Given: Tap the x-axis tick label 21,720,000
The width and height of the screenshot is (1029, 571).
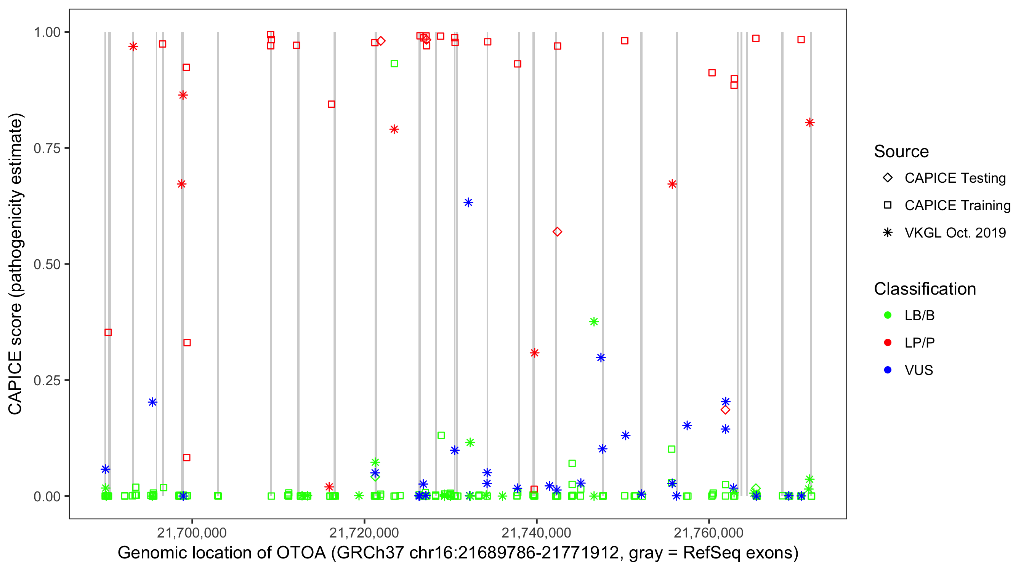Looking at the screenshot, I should (x=364, y=533).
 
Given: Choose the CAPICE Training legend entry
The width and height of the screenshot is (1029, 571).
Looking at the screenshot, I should (x=957, y=206).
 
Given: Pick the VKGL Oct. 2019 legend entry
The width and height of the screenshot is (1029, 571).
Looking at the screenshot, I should (x=955, y=233).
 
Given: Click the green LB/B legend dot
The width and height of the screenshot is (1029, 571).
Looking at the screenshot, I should (x=888, y=316).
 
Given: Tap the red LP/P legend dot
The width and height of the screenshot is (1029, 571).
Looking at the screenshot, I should (x=888, y=343).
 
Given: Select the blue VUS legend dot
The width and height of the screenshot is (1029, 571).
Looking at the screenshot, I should (x=888, y=370).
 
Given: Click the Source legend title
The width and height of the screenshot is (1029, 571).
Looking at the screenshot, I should (x=901, y=152).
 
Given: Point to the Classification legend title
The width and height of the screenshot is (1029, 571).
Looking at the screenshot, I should (x=925, y=289).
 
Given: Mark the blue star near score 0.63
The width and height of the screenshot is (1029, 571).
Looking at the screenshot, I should (x=468, y=203).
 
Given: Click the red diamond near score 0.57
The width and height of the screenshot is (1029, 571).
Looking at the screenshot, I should (x=557, y=232).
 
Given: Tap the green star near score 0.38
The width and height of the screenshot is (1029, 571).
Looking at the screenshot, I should (x=594, y=322).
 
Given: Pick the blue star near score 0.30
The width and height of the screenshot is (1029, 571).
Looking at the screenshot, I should (x=601, y=358).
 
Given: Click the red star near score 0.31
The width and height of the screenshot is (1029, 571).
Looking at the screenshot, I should (x=534, y=353).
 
